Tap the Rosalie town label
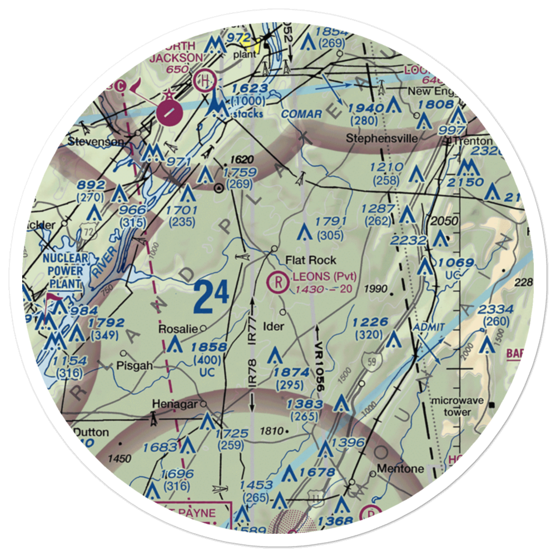tap(178, 329)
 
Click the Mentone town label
tap(400, 468)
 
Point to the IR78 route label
tap(253, 373)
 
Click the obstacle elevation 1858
tap(209, 347)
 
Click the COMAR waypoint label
tap(302, 114)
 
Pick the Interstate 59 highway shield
tap(370, 362)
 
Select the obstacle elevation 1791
tap(330, 221)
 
